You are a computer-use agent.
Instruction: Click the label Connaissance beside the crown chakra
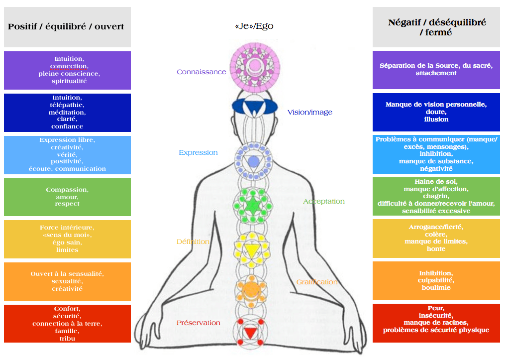pyautogui.click(x=201, y=72)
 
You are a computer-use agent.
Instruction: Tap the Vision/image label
pyautogui.click(x=309, y=112)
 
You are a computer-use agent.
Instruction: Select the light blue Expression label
pyautogui.click(x=198, y=152)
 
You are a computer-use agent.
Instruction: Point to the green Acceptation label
pyautogui.click(x=323, y=201)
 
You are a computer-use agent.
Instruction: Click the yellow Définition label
pyautogui.click(x=193, y=241)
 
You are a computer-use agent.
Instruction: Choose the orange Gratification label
pyautogui.click(x=317, y=282)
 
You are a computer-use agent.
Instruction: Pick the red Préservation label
pyautogui.click(x=198, y=323)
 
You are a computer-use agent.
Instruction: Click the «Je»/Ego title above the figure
pyautogui.click(x=254, y=26)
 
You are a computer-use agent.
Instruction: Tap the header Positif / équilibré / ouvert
pyautogui.click(x=66, y=26)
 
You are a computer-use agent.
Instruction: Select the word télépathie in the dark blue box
pyautogui.click(x=67, y=105)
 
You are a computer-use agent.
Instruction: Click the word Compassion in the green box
pyautogui.click(x=67, y=190)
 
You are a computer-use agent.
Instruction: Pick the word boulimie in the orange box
pyautogui.click(x=436, y=288)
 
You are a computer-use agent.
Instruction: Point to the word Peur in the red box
pyautogui.click(x=436, y=308)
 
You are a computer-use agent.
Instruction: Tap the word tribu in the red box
pyautogui.click(x=67, y=339)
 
